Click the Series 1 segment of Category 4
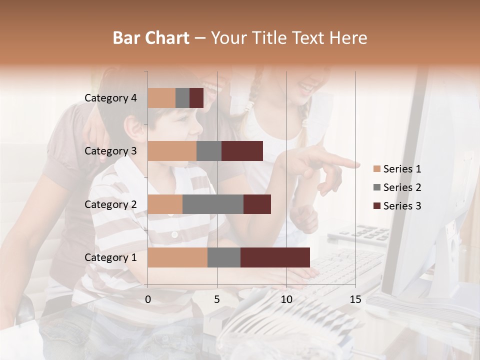[x=161, y=98]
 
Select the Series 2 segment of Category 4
[x=182, y=98]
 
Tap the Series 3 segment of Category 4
[x=196, y=98]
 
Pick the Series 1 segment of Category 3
[x=172, y=151]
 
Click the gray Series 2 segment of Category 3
[x=209, y=151]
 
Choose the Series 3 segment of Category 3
[x=242, y=151]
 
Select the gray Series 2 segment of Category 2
[x=213, y=204]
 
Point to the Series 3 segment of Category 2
[x=257, y=204]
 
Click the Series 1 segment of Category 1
[x=177, y=257]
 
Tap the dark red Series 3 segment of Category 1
[x=275, y=257]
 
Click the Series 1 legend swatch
[x=377, y=169]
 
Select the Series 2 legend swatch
[x=377, y=187]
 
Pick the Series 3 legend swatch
[x=377, y=206]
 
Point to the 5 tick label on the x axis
[x=217, y=299]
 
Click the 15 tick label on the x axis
[x=355, y=299]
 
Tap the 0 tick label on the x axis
[x=148, y=299]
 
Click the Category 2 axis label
[x=110, y=204]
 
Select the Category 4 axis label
[x=110, y=98]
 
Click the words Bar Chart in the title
[x=151, y=38]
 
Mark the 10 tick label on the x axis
[x=286, y=299]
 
